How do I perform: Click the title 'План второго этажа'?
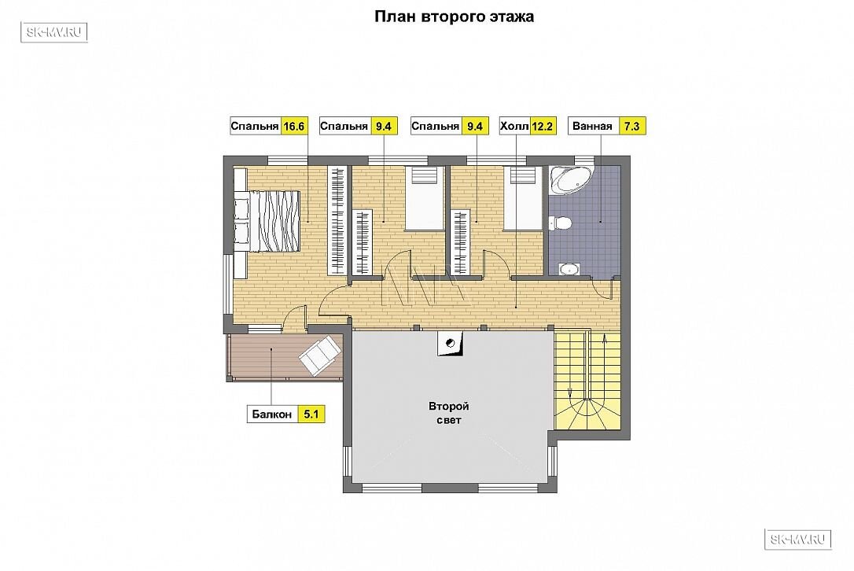tap(454, 17)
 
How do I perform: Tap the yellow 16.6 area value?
tap(293, 127)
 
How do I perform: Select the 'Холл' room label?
tap(514, 127)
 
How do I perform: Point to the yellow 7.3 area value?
tap(631, 127)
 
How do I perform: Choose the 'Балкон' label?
tap(272, 414)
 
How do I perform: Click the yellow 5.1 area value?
tap(311, 414)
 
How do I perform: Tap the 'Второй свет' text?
tap(449, 413)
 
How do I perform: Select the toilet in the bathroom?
tap(560, 223)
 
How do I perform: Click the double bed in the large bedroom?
tap(267, 221)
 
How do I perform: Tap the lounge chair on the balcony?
tap(320, 355)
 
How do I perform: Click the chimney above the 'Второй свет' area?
tap(450, 343)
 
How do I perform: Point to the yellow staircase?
tap(587, 379)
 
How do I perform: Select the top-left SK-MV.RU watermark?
tap(54, 33)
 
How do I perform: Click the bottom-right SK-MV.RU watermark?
tap(798, 540)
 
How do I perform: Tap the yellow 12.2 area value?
tap(543, 127)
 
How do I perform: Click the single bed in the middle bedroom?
tap(425, 198)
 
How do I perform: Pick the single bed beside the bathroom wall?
tap(523, 198)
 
